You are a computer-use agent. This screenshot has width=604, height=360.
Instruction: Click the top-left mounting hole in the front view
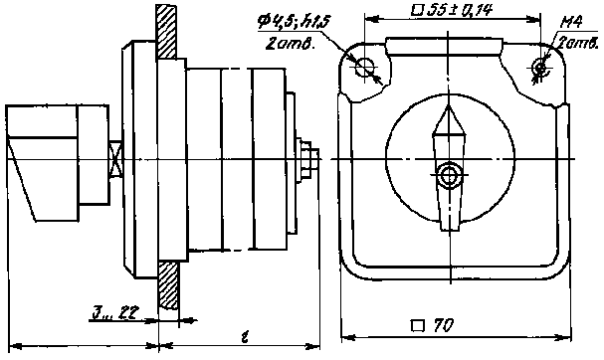368,68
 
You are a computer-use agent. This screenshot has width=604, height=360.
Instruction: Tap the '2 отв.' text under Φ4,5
295,45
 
